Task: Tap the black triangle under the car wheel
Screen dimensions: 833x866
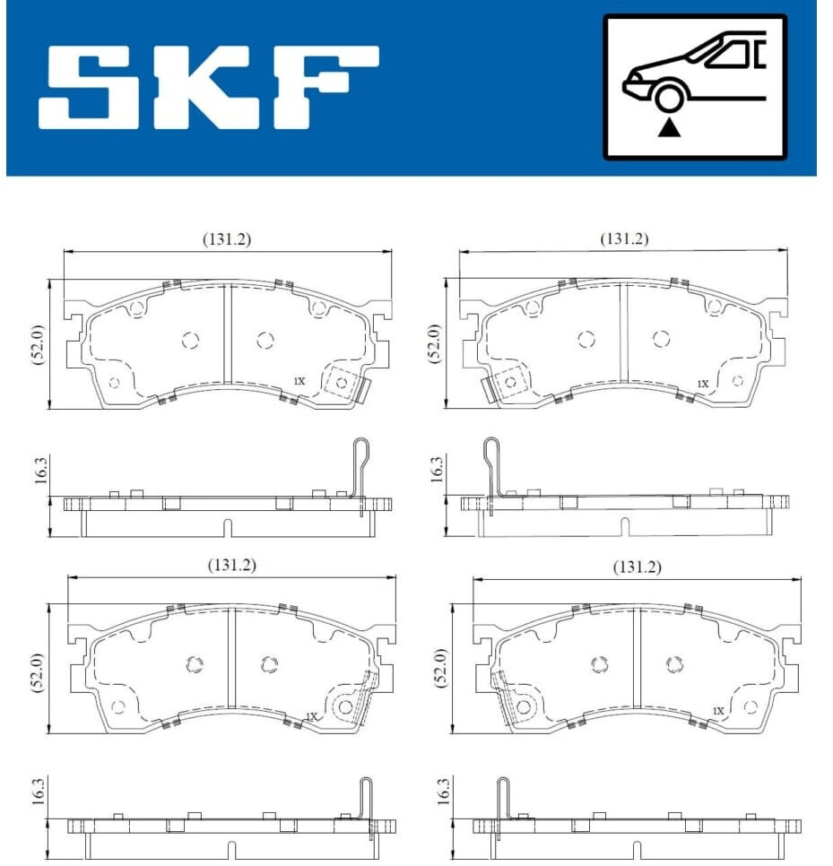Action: tap(670, 128)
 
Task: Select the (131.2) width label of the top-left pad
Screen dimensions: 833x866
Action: tap(227, 239)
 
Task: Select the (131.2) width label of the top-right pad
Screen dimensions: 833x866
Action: tap(624, 238)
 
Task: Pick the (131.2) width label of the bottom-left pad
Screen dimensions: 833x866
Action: tap(232, 565)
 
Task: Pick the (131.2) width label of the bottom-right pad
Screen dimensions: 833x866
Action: tap(637, 567)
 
